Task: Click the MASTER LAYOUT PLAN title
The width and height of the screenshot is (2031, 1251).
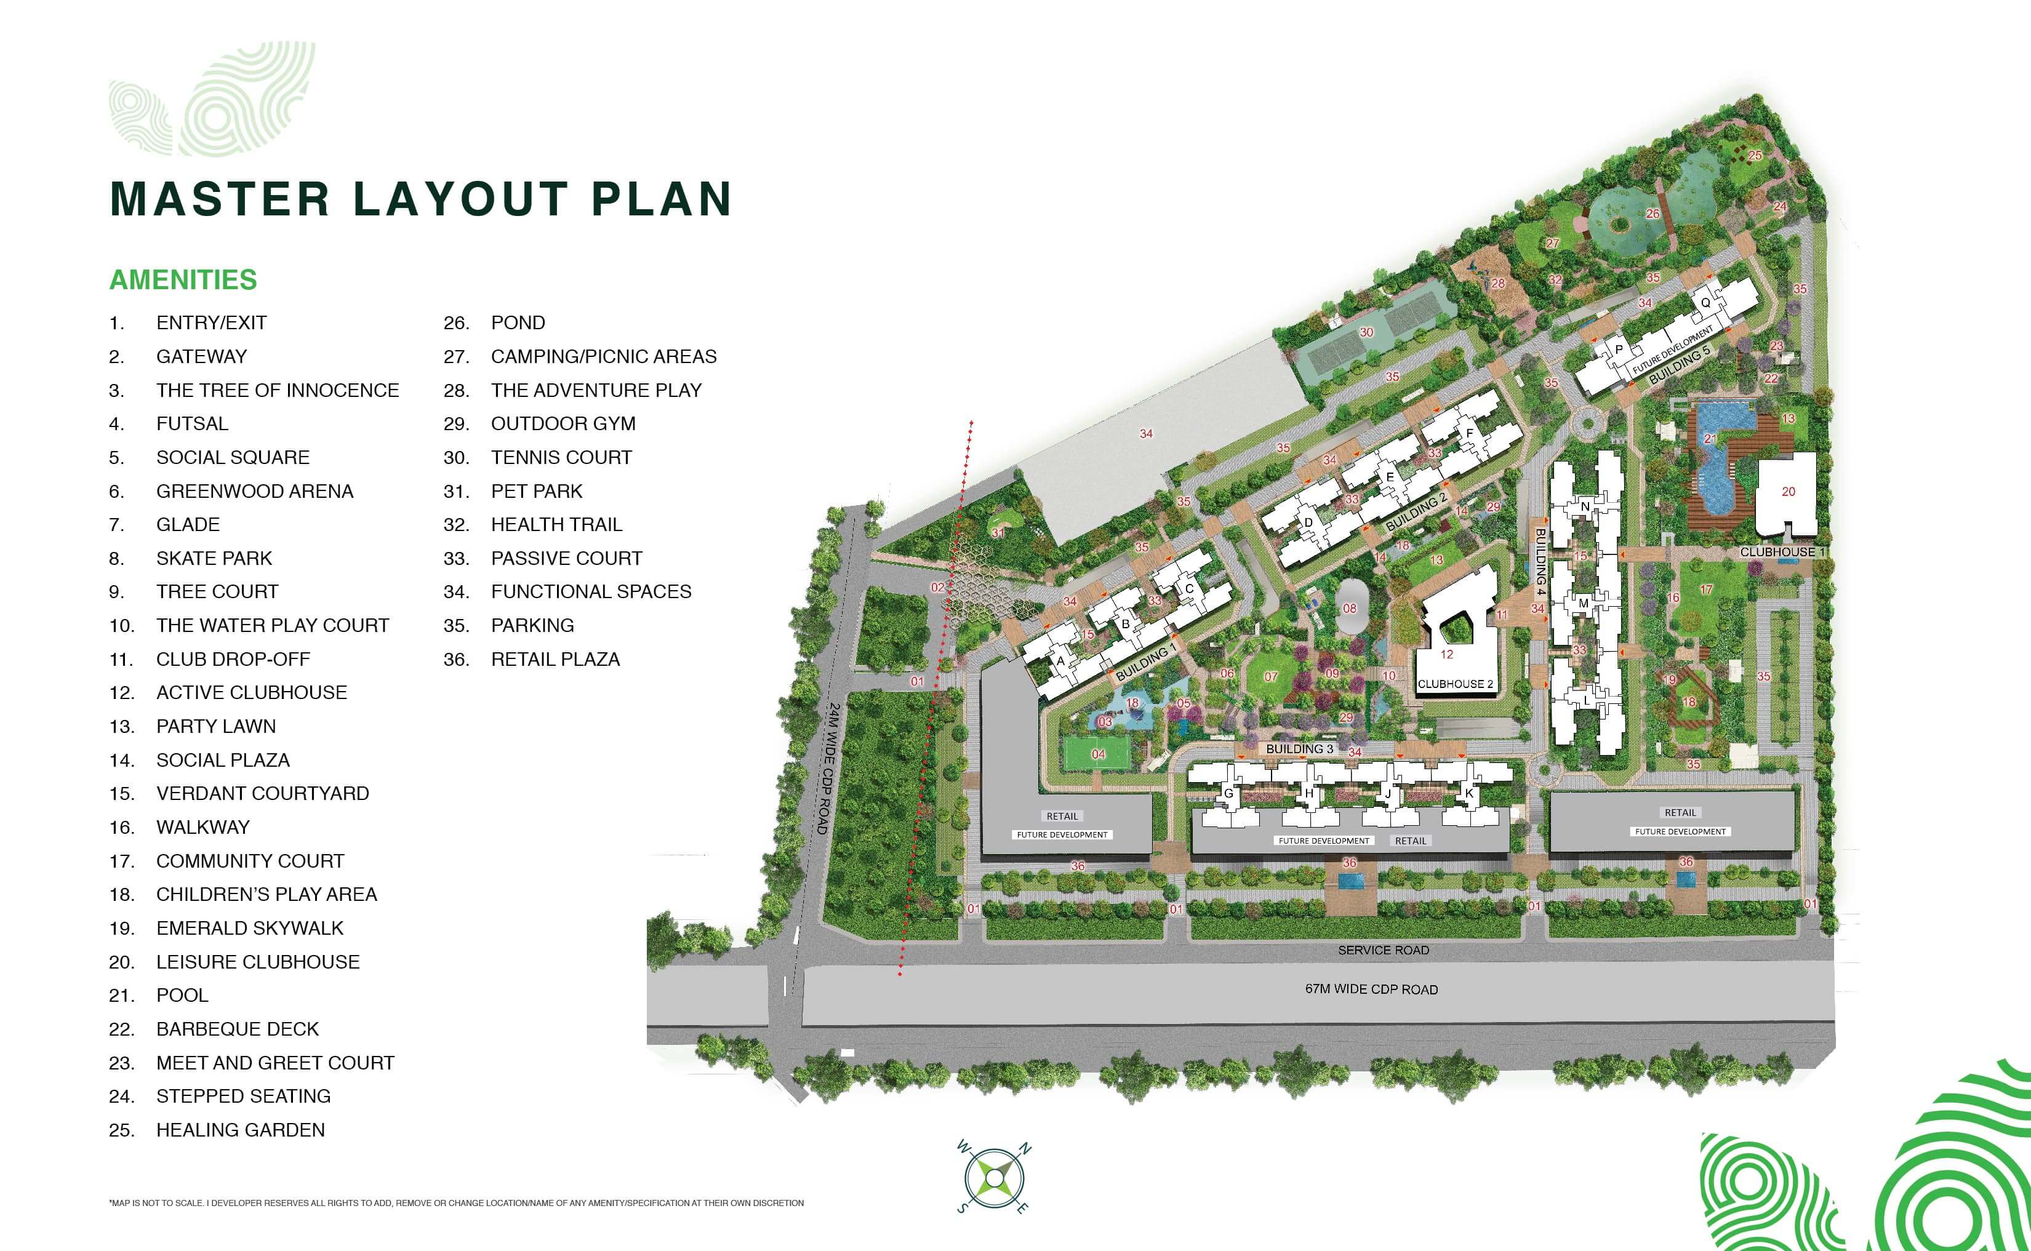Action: [x=420, y=199]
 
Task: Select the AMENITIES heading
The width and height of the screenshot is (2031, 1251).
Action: [x=183, y=279]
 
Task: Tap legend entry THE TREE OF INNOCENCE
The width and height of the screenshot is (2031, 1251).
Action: [x=277, y=390]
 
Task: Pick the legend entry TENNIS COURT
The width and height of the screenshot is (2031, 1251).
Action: [x=561, y=458]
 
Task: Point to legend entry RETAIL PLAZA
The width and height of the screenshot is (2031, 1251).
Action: [x=555, y=660]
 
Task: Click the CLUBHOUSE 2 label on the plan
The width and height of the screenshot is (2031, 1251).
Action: [x=1455, y=684]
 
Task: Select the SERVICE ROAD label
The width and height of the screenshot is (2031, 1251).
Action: [x=1383, y=950]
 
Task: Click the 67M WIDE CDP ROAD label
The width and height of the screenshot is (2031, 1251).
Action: [x=1371, y=989]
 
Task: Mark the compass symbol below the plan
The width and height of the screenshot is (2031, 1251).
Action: [x=993, y=1176]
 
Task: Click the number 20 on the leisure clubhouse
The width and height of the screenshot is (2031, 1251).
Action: [x=1788, y=492]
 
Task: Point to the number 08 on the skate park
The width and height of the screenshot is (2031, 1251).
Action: [x=1349, y=608]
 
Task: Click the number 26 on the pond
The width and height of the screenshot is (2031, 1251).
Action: [x=1652, y=214]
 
